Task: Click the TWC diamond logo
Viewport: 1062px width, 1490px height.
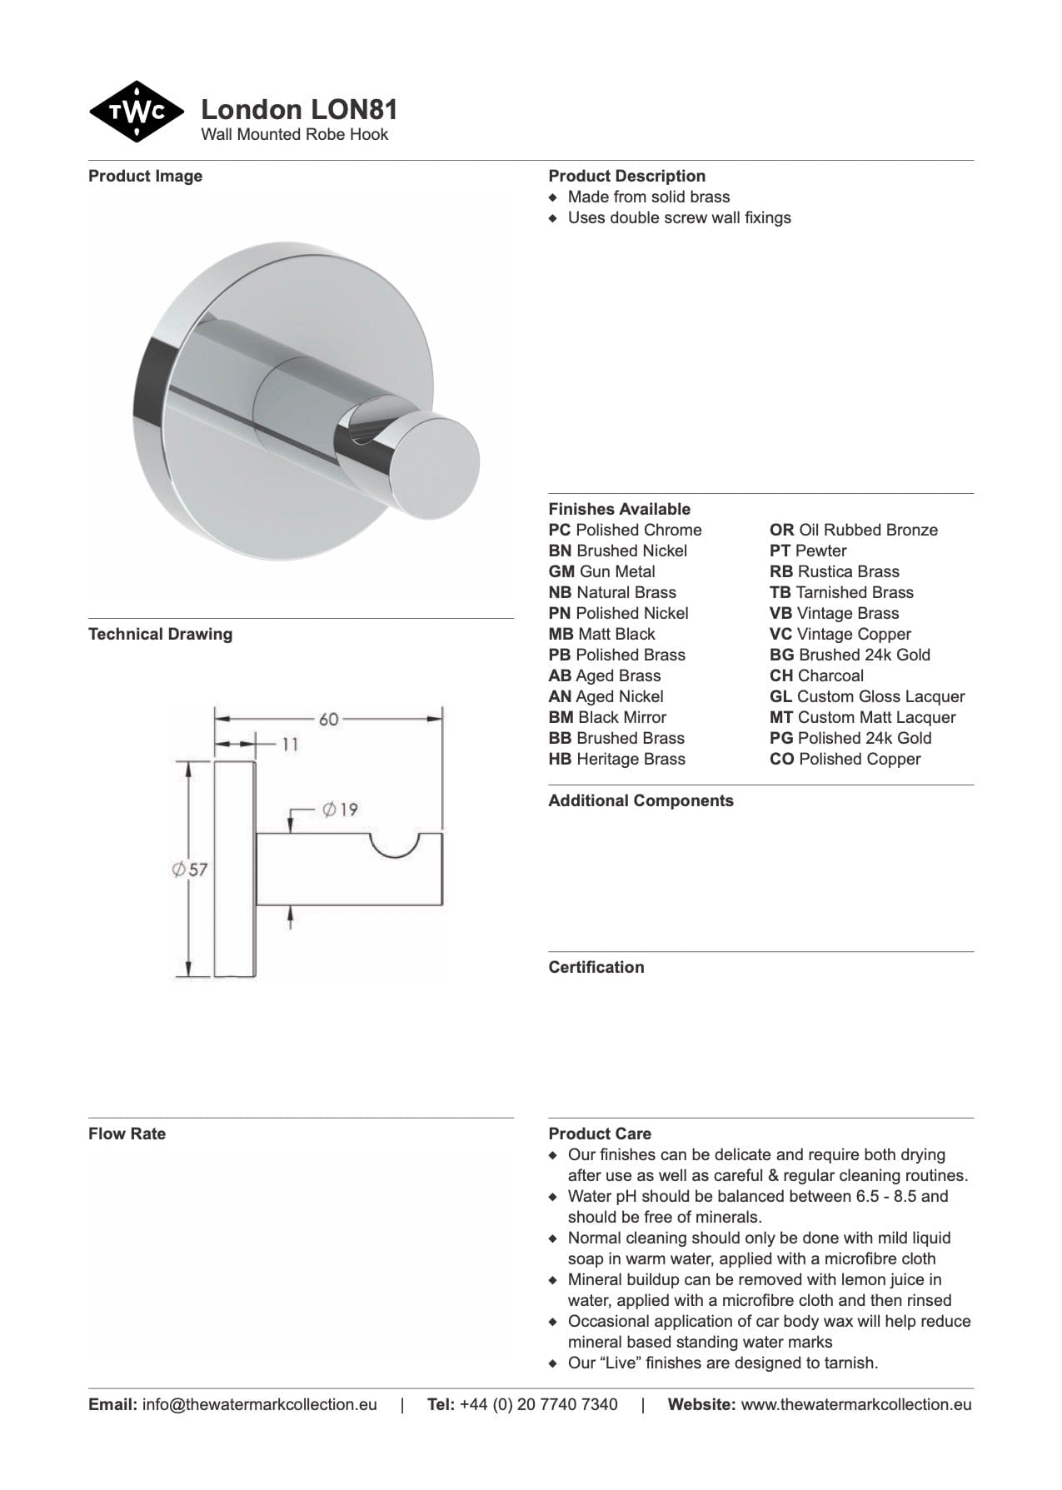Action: click(x=136, y=112)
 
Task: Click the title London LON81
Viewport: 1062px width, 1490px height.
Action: click(x=299, y=110)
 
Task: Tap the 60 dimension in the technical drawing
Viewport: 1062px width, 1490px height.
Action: click(x=328, y=718)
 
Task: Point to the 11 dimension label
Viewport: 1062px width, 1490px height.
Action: click(x=289, y=744)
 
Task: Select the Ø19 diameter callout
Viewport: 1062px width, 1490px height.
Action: click(x=339, y=809)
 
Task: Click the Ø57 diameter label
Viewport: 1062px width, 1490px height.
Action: click(x=190, y=870)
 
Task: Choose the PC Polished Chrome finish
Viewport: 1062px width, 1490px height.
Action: click(x=625, y=530)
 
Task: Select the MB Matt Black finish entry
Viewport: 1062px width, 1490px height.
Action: click(x=601, y=634)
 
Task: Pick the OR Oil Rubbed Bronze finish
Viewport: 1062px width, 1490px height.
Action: click(x=853, y=530)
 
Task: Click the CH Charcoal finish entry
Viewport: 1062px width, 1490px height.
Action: click(x=816, y=675)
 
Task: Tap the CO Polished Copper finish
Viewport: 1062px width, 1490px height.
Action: click(x=845, y=759)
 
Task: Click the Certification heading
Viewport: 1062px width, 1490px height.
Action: click(x=596, y=967)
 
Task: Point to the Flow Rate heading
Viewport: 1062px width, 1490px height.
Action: click(x=127, y=1134)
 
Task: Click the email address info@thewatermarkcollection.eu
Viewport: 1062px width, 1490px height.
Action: click(x=259, y=1404)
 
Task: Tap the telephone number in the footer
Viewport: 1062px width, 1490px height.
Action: click(x=538, y=1404)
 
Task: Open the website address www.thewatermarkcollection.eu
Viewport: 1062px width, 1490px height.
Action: click(x=855, y=1404)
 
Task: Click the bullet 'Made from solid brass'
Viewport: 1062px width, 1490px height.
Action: click(x=648, y=197)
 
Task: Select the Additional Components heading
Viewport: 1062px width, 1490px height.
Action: click(x=641, y=800)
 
